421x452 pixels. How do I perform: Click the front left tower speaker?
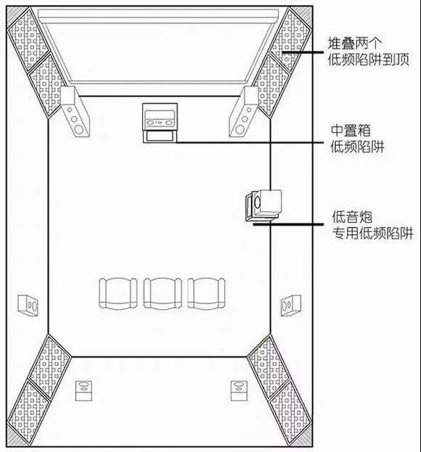[x=75, y=112]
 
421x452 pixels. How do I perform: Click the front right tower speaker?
[x=244, y=112]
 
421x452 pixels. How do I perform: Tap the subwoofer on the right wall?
[x=263, y=206]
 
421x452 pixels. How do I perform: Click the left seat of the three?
[x=118, y=293]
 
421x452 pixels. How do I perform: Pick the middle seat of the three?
[x=163, y=293]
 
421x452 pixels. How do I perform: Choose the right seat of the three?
[x=206, y=293]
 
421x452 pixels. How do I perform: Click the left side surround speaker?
[x=28, y=305]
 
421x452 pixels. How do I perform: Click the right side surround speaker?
[x=291, y=305]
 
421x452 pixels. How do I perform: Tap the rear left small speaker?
[x=83, y=390]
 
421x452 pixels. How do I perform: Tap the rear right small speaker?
[x=239, y=390]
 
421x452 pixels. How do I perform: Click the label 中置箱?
[x=351, y=131]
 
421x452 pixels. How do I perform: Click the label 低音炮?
[x=352, y=217]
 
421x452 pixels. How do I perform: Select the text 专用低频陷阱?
[x=372, y=233]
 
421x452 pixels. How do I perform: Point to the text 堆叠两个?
[x=355, y=44]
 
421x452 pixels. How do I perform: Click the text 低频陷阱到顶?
[x=369, y=59]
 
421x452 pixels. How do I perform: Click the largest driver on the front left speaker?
[x=78, y=129]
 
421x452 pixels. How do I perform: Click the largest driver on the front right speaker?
[x=240, y=129]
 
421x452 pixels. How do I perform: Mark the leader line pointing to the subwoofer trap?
[x=288, y=223]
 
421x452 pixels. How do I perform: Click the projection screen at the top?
[x=158, y=46]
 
